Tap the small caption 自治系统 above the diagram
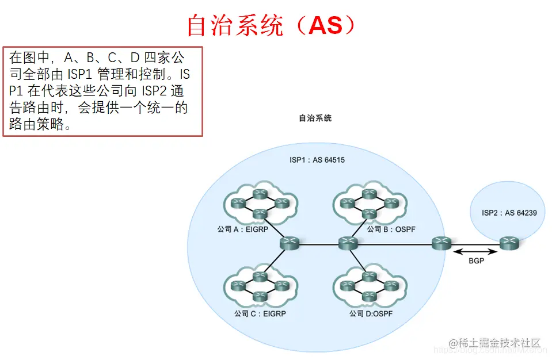(315, 118)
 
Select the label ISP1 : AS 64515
(317, 160)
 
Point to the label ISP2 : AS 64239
(509, 213)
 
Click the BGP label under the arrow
(476, 261)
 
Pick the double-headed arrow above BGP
(475, 251)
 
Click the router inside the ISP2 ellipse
(509, 243)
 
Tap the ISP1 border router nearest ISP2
(441, 243)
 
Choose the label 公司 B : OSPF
(391, 229)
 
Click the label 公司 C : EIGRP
(260, 314)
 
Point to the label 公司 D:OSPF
(370, 314)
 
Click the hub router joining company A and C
(290, 243)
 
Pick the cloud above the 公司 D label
(369, 286)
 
